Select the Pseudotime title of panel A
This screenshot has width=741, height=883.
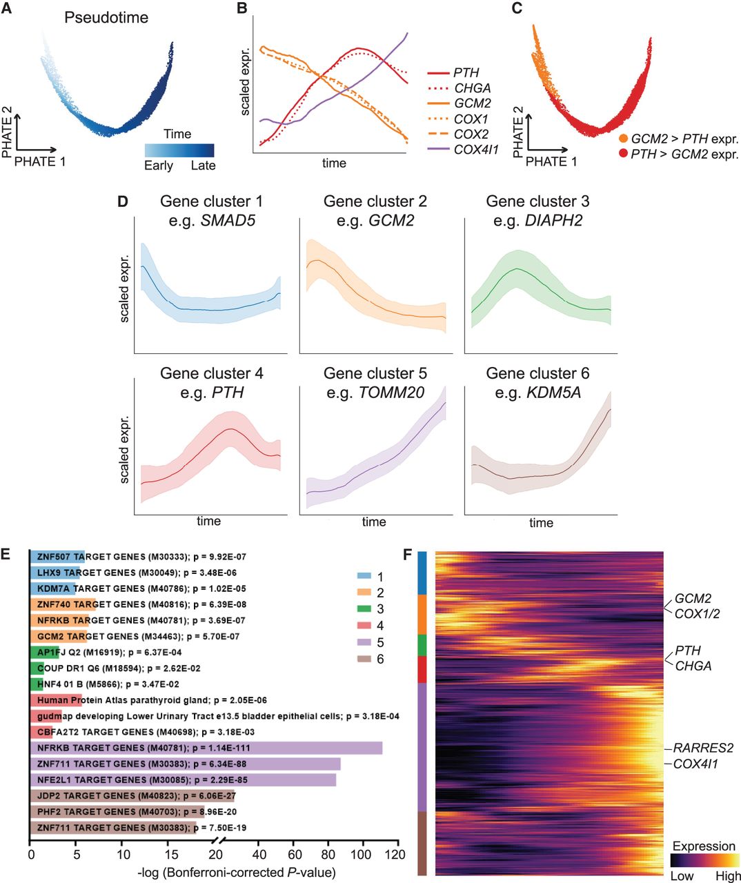coord(106,17)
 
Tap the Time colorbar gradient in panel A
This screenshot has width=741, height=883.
coord(179,150)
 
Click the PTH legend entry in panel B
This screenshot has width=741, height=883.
coord(466,72)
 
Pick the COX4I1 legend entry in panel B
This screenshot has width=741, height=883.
coord(475,150)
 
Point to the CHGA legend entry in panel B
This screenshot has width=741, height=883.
coord(472,88)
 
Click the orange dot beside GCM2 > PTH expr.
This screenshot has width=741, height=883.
coord(624,139)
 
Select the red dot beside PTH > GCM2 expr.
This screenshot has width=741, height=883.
coord(624,154)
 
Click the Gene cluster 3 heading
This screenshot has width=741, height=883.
coord(537,201)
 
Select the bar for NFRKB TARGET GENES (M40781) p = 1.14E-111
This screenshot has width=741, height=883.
coord(206,748)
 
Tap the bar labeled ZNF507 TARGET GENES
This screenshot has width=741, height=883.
coord(57,557)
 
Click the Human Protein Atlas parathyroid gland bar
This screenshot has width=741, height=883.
coord(56,700)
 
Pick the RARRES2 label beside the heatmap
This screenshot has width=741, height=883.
coord(703,748)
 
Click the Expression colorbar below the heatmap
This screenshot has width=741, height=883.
coord(704,860)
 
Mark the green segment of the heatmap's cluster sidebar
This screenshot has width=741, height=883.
coord(422,645)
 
